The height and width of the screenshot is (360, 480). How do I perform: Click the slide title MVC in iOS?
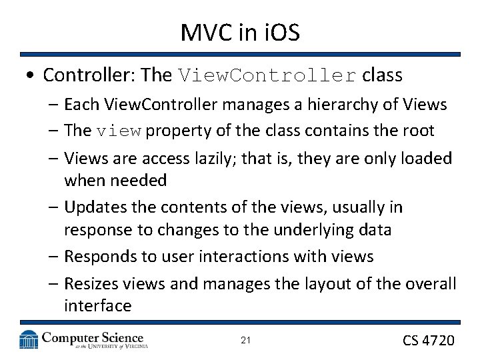239,32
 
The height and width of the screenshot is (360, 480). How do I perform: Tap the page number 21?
245,341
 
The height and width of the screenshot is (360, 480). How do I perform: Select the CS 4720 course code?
429,340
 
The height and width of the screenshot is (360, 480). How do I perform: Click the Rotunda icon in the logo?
29,340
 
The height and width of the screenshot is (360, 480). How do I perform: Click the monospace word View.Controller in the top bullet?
267,75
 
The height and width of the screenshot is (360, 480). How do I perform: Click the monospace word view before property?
119,131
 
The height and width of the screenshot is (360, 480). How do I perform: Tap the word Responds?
97,257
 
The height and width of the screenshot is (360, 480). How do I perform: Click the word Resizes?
90,284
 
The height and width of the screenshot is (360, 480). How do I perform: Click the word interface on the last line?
97,306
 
